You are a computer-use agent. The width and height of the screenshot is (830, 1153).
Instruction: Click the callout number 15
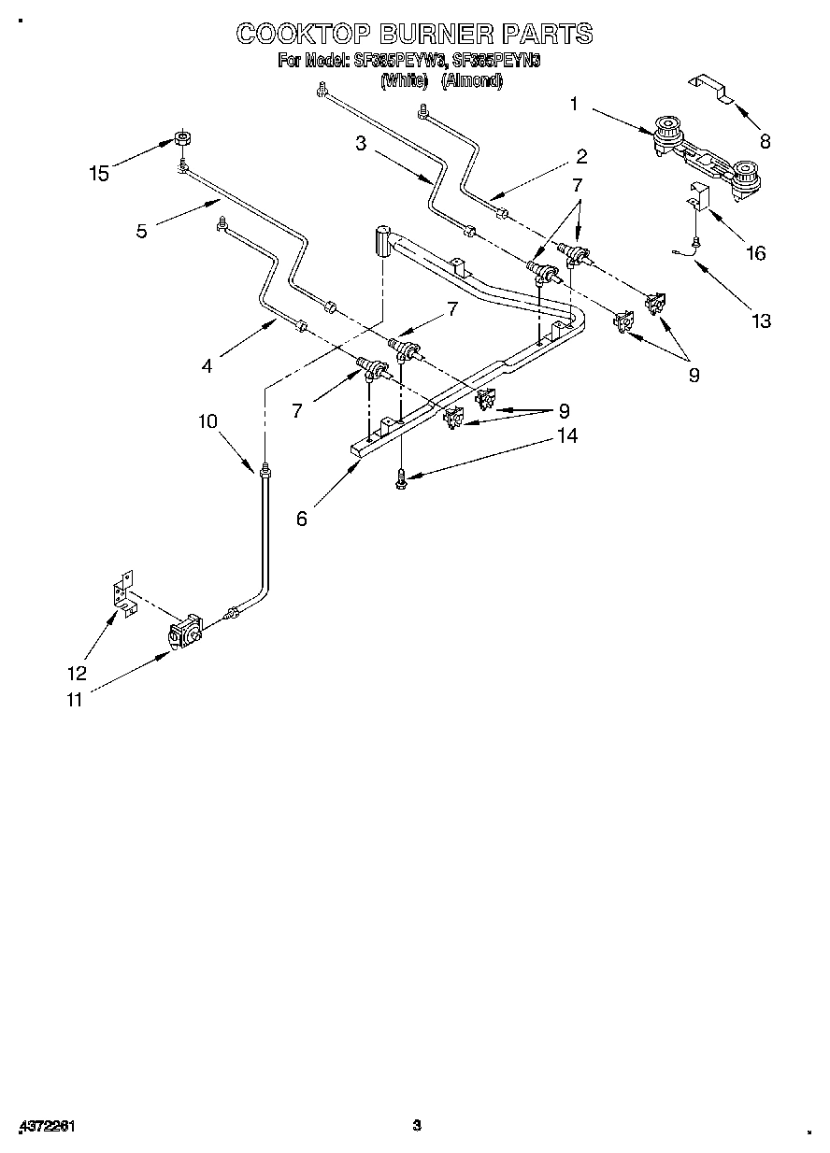click(x=98, y=173)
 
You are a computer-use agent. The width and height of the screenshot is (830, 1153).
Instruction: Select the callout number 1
click(x=575, y=105)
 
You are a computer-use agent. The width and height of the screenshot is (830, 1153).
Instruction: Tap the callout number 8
click(x=765, y=142)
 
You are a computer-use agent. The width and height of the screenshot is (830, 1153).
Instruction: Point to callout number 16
click(x=755, y=253)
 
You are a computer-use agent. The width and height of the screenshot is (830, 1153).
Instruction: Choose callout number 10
click(x=207, y=421)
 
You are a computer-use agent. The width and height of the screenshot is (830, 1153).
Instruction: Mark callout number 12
click(x=77, y=673)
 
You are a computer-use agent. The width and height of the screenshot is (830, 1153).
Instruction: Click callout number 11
click(x=74, y=700)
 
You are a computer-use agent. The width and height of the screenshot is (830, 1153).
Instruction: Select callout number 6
click(x=301, y=520)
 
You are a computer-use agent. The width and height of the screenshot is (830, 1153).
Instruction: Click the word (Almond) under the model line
click(x=472, y=81)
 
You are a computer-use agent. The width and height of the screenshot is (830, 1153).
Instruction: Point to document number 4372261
click(x=45, y=1126)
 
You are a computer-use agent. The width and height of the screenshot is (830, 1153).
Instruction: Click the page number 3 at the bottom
click(x=418, y=1124)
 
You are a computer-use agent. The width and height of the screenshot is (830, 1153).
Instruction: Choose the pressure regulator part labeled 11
click(x=187, y=632)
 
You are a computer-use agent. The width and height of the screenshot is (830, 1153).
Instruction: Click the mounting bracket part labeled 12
click(x=121, y=597)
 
